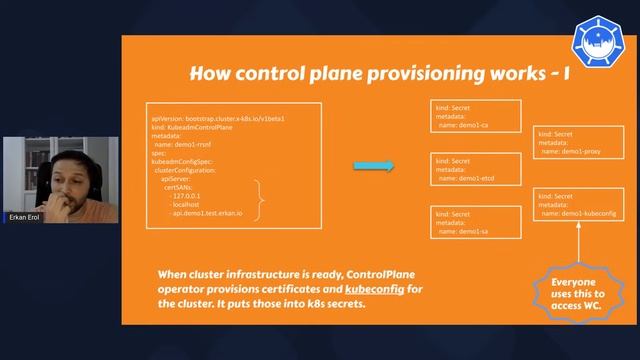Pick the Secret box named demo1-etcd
click(475, 169)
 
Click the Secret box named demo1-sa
click(475, 221)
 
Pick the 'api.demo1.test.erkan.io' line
click(214, 212)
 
